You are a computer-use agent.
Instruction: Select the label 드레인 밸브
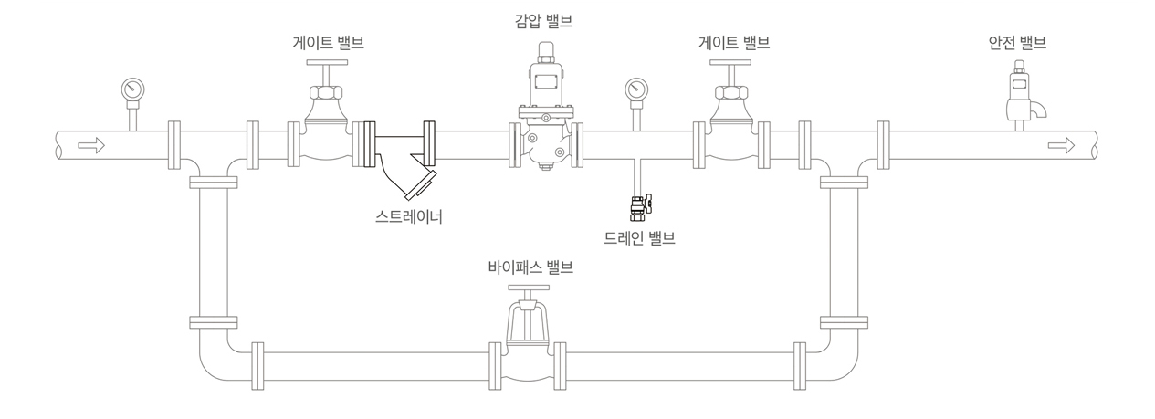pos(638,239)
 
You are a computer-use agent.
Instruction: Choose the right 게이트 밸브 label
pos(734,42)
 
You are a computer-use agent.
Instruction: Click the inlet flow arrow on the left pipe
pos(92,144)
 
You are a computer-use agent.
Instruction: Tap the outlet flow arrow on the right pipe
pos(1061,144)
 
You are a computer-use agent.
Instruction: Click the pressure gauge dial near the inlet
pos(133,89)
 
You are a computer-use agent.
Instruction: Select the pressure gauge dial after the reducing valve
pos(635,89)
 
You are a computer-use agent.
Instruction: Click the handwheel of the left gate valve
pos(326,63)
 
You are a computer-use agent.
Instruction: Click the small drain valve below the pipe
pos(637,207)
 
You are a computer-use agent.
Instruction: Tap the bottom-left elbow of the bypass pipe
pos(210,360)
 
